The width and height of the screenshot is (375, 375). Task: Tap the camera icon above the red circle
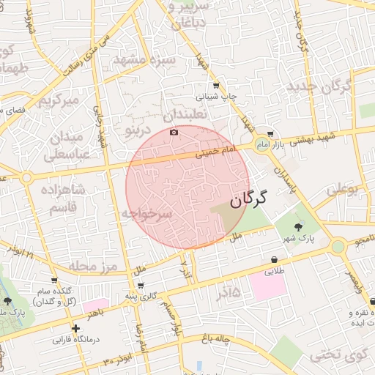[x=174, y=132]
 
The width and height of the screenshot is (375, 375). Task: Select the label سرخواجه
[x=146, y=214]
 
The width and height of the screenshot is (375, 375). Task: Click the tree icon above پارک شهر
[x=297, y=226]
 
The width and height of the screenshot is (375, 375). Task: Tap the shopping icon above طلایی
[x=274, y=259]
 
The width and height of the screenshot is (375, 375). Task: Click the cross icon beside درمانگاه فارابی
[x=75, y=328]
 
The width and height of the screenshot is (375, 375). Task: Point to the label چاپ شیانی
[x=215, y=96]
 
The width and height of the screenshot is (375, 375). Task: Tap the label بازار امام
[x=270, y=146]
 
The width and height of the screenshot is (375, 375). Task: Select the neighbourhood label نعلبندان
[x=186, y=115]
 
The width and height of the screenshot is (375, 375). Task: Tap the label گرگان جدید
[x=320, y=86]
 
